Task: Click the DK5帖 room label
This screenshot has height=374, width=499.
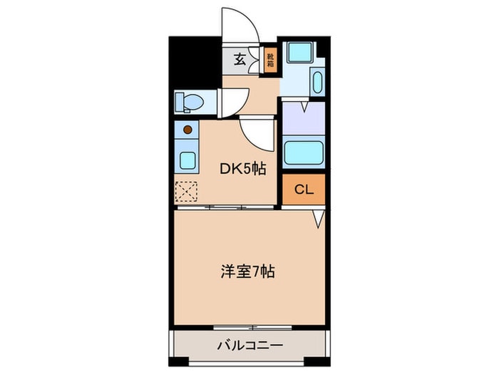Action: (x=243, y=169)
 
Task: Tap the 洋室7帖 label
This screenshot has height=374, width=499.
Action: (x=248, y=272)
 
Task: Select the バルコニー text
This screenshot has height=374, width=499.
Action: (x=249, y=346)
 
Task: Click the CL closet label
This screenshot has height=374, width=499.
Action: (x=304, y=189)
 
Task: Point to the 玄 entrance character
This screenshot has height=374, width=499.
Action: (x=240, y=59)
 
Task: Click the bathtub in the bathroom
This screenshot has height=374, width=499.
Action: (x=304, y=153)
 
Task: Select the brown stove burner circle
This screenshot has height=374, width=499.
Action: (x=187, y=130)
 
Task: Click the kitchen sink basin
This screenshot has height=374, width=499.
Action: (x=187, y=160)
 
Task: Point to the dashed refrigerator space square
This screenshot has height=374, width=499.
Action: (x=187, y=192)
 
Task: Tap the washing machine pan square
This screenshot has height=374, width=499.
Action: (x=300, y=53)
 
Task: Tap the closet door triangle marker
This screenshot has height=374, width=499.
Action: (x=319, y=219)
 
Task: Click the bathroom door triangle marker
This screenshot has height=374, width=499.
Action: (x=304, y=107)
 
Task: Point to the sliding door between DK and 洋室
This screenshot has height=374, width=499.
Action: (x=226, y=207)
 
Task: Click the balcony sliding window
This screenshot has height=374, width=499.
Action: (x=252, y=327)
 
